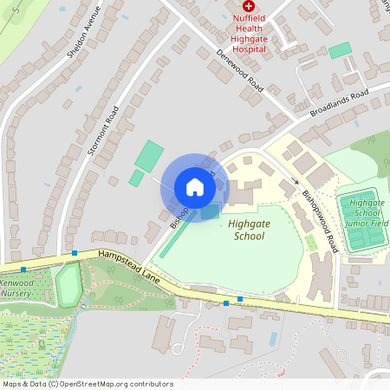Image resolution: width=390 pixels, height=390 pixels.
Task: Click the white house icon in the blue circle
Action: pyautogui.click(x=195, y=187)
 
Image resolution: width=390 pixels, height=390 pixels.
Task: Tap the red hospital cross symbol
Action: pyautogui.click(x=249, y=6)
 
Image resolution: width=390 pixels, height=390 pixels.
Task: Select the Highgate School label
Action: pyautogui.click(x=249, y=229)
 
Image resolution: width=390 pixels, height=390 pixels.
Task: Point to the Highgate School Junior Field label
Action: pyautogui.click(x=363, y=212)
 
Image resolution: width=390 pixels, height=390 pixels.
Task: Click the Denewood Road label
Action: pyautogui.click(x=240, y=72)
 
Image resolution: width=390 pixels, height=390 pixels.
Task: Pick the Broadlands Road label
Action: pyautogui.click(x=339, y=103)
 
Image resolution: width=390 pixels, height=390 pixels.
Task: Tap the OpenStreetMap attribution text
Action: pyautogui.click(x=88, y=383)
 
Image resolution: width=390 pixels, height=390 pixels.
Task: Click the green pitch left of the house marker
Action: pyautogui.click(x=148, y=156)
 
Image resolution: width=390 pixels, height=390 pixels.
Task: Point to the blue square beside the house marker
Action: pyautogui.click(x=211, y=212)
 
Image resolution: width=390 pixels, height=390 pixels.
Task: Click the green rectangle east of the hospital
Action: pyautogui.click(x=340, y=50)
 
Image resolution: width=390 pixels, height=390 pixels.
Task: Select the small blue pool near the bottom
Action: pyautogui.click(x=274, y=337)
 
